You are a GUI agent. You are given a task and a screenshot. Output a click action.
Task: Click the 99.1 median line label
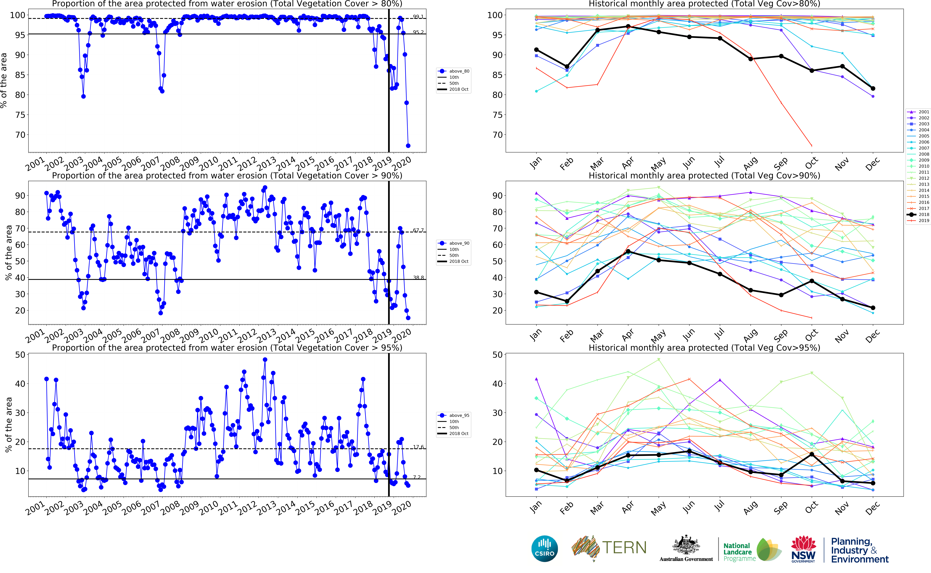(x=418, y=17)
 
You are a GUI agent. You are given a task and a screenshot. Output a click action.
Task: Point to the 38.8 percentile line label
(x=418, y=278)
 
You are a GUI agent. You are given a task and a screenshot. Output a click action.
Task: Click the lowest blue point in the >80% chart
(x=408, y=145)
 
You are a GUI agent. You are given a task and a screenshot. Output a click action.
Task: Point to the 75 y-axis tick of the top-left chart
(x=20, y=115)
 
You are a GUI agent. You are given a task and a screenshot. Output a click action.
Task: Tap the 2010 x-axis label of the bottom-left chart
(x=209, y=508)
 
